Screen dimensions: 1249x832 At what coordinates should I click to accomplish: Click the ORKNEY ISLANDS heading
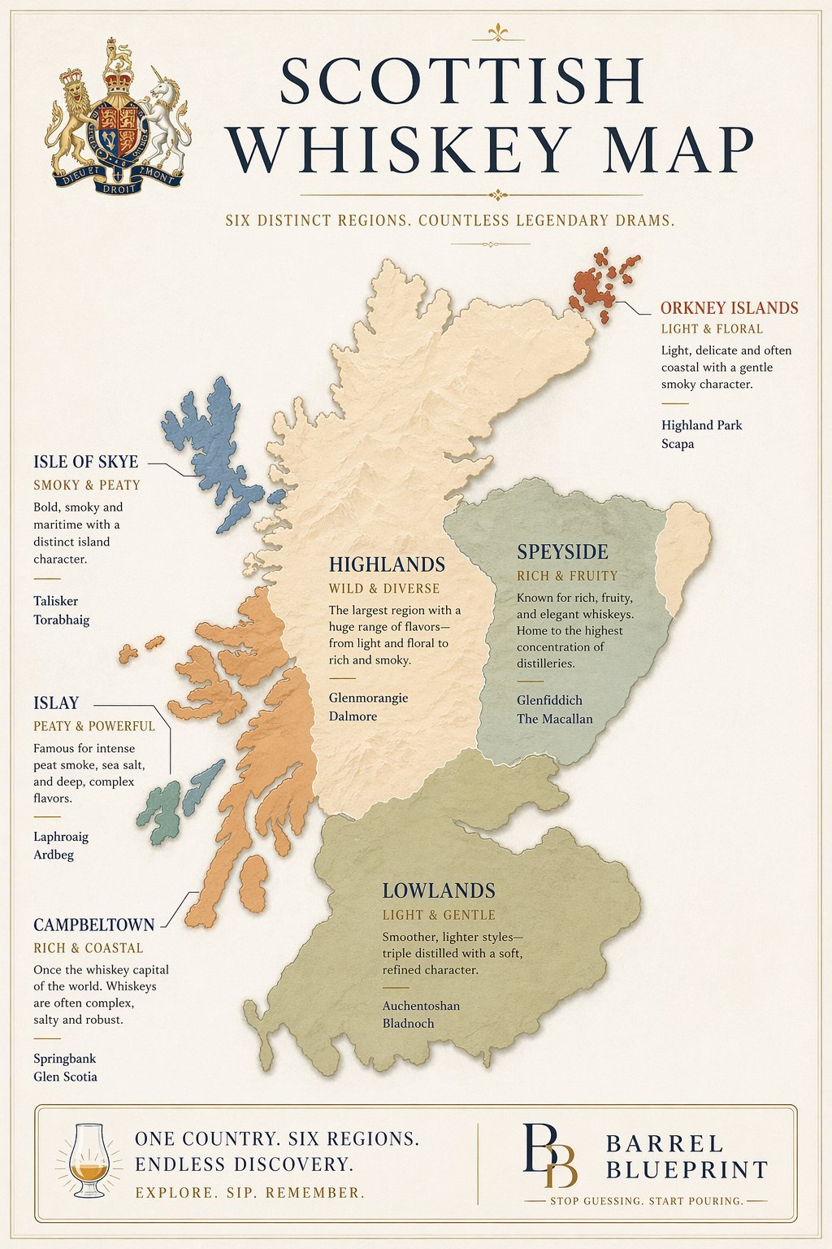pyautogui.click(x=729, y=308)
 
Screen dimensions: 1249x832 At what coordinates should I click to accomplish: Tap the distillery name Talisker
pyautogui.click(x=55, y=601)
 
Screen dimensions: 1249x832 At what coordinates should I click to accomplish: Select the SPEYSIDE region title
pyautogui.click(x=562, y=552)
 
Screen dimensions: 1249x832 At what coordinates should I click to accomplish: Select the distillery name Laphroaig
pyautogui.click(x=61, y=836)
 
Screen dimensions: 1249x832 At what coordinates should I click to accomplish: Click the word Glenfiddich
pyautogui.click(x=549, y=700)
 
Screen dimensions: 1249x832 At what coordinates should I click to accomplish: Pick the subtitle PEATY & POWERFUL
pyautogui.click(x=93, y=726)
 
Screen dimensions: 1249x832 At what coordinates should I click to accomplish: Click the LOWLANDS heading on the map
pyautogui.click(x=439, y=891)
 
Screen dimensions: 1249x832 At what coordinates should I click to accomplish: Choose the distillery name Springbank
pyautogui.click(x=64, y=1059)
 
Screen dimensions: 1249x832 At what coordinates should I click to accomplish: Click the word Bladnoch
pyautogui.click(x=408, y=1024)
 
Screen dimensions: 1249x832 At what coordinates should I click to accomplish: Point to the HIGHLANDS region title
pyautogui.click(x=387, y=564)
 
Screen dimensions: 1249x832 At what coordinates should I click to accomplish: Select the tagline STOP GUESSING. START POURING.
pyautogui.click(x=647, y=1201)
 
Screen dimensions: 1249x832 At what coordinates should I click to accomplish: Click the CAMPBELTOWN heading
pyautogui.click(x=93, y=925)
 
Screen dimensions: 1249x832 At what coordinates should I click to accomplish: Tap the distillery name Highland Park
pyautogui.click(x=701, y=425)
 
